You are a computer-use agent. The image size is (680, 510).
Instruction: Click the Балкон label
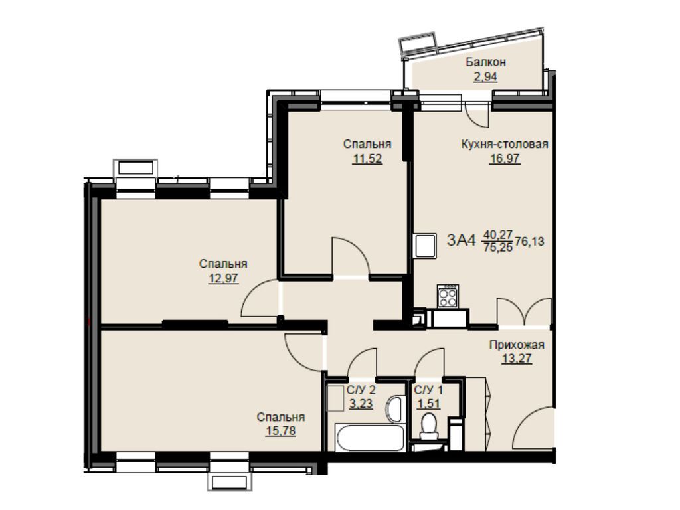[485, 62]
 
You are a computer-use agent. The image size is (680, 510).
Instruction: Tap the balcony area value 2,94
[485, 77]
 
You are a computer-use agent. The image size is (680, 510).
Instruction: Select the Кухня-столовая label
[505, 144]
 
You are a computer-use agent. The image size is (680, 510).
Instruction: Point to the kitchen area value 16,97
[505, 159]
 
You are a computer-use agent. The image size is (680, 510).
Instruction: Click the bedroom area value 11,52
[367, 159]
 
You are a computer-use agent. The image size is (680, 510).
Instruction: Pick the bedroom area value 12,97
[223, 278]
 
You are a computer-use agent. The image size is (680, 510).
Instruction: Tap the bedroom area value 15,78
[281, 431]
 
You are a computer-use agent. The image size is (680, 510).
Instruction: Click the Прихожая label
[517, 345]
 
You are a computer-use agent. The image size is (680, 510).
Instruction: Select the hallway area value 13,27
[517, 359]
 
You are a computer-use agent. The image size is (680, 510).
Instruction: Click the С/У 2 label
[361, 390]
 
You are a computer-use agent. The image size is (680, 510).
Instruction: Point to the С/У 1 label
[428, 390]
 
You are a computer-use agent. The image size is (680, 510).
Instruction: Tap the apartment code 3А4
[462, 240]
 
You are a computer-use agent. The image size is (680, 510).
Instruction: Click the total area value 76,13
[529, 241]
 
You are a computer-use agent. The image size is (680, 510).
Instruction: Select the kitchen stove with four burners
[448, 296]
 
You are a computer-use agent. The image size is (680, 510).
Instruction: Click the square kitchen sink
[425, 246]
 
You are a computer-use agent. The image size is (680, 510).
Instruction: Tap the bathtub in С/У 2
[370, 438]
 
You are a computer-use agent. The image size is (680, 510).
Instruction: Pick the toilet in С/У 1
[430, 426]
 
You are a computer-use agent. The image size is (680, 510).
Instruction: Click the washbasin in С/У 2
[396, 408]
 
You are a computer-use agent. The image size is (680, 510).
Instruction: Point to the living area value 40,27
[498, 234]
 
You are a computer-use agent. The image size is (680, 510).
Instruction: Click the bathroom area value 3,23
[361, 404]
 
